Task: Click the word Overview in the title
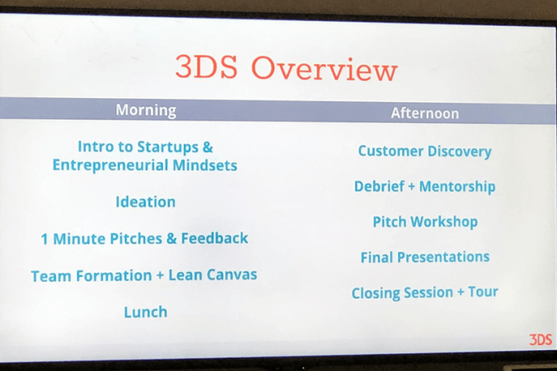324,69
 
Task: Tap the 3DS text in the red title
206,67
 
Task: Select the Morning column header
146,110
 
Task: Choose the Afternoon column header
425,113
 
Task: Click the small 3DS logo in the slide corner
540,339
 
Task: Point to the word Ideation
145,202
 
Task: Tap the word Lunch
145,312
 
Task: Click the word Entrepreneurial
110,166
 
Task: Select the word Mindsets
205,166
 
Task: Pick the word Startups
168,147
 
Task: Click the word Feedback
214,238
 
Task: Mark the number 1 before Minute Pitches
44,240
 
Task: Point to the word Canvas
232,275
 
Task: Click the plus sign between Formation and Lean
160,276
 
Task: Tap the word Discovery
460,151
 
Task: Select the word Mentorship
457,186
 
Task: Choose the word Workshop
444,222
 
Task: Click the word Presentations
443,257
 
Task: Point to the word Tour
483,292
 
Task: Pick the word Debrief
379,186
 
